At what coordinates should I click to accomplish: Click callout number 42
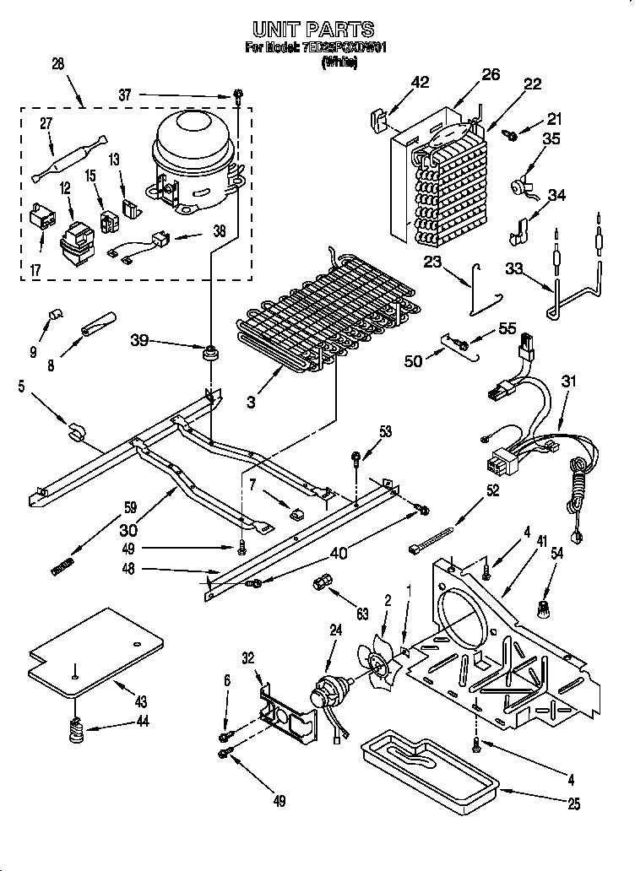pyautogui.click(x=421, y=82)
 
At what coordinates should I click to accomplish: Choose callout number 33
pyautogui.click(x=513, y=269)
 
